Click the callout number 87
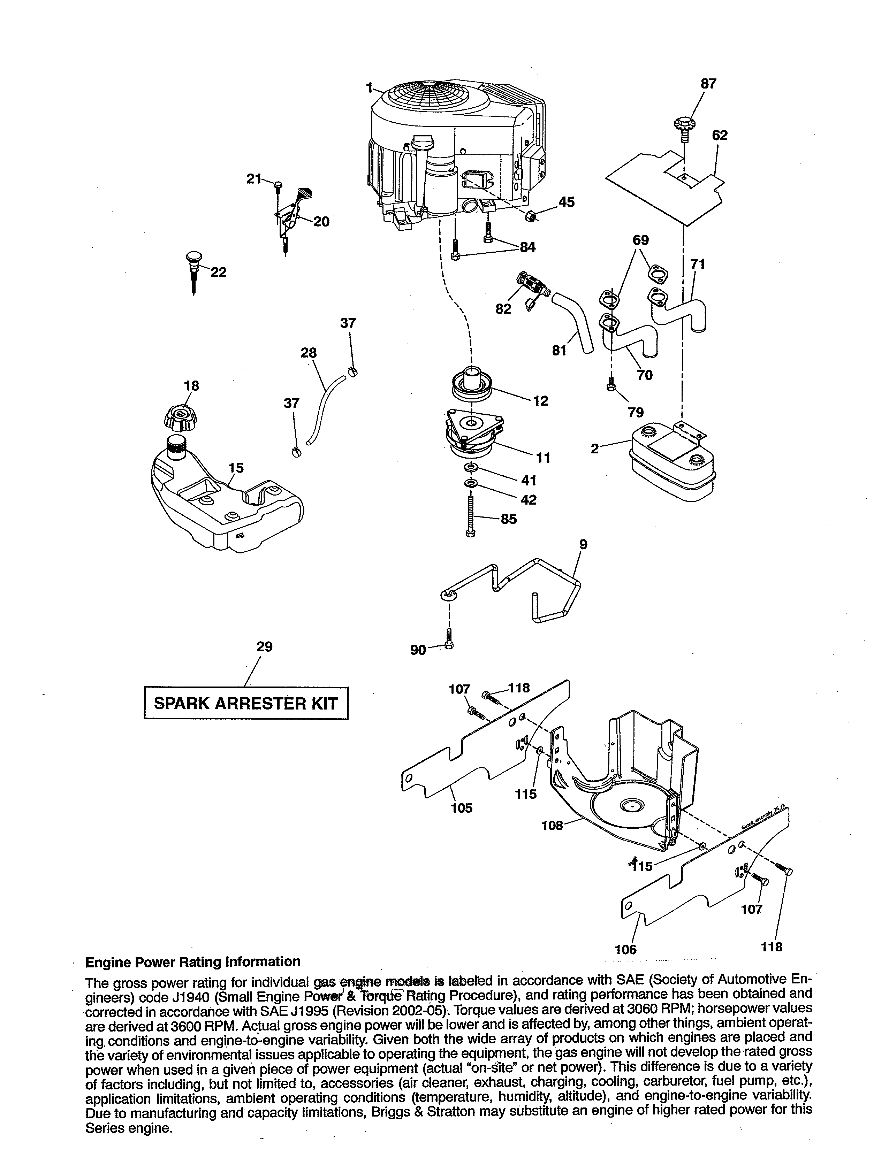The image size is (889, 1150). (x=708, y=84)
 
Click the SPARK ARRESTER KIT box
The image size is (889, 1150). (x=246, y=703)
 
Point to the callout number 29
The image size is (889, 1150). (x=264, y=646)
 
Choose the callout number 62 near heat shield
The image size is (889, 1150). (x=720, y=135)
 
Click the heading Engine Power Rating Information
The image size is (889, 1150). (x=193, y=961)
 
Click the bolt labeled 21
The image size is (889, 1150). (x=278, y=185)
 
